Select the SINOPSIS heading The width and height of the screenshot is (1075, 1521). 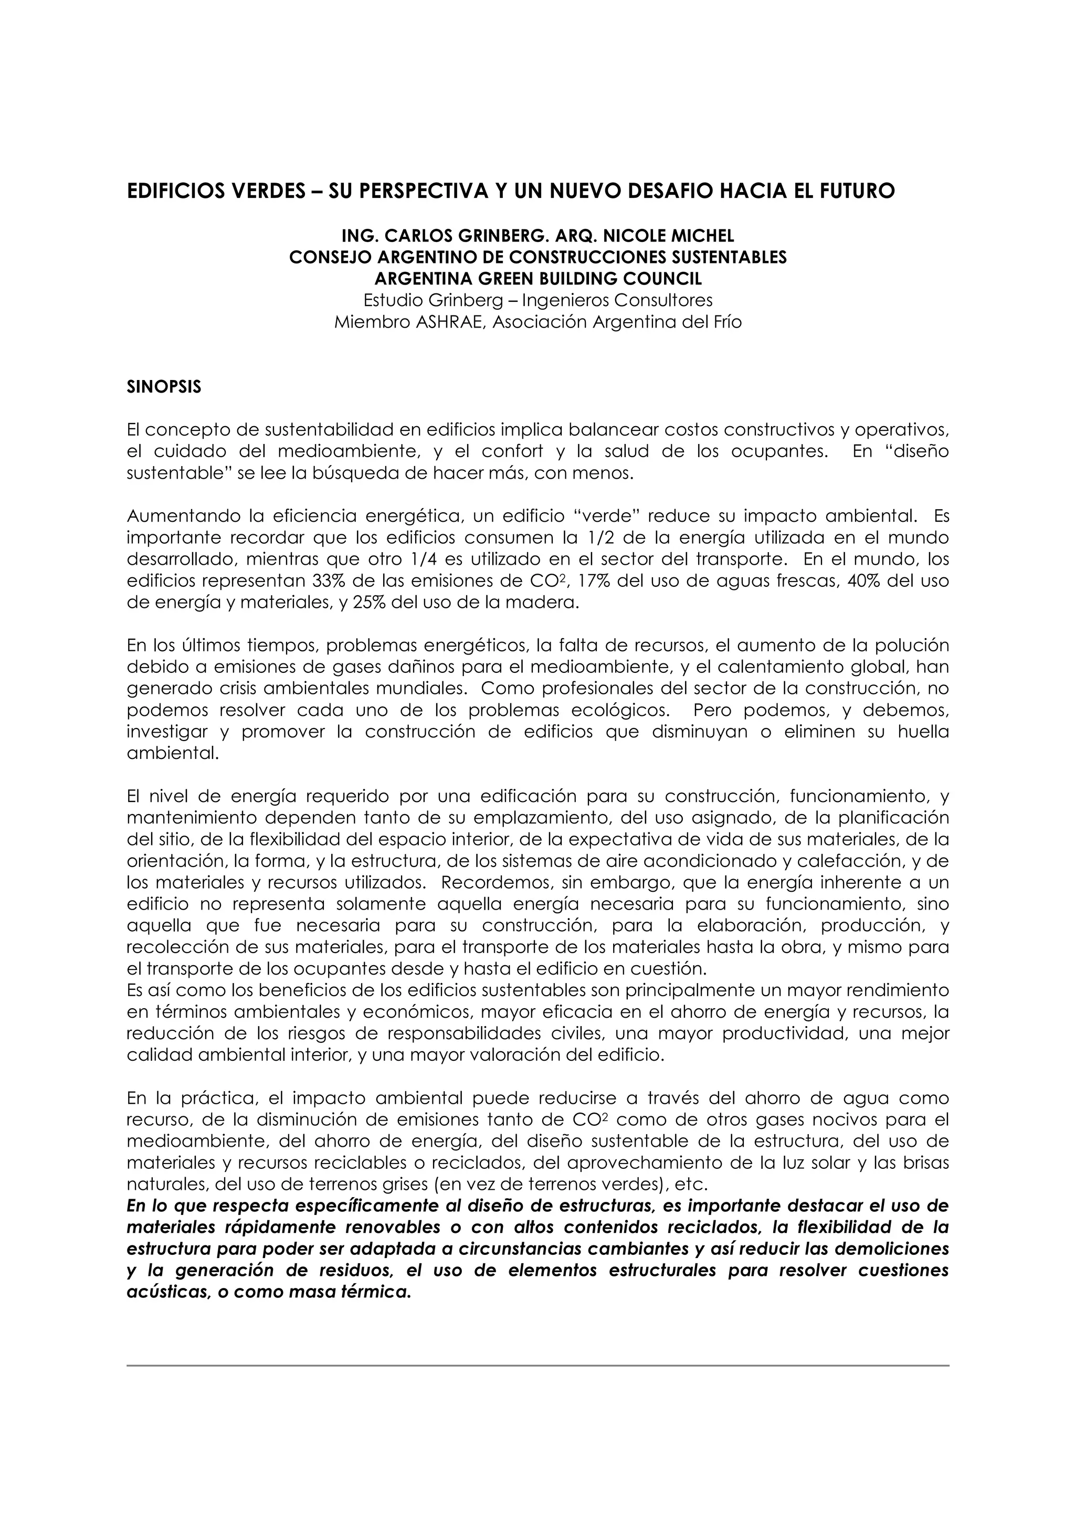164,387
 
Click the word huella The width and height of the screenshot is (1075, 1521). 925,732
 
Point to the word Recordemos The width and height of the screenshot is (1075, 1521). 488,883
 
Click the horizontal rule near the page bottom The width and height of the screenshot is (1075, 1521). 537,1365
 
